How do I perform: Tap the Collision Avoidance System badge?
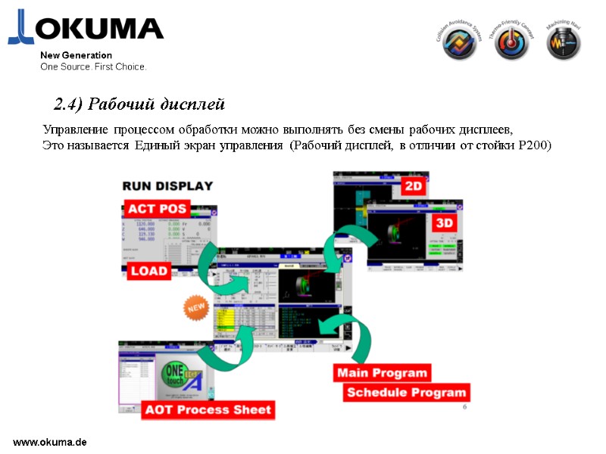pyautogui.click(x=459, y=42)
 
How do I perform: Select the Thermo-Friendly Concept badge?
pyautogui.click(x=512, y=42)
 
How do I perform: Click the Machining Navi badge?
pyautogui.click(x=564, y=42)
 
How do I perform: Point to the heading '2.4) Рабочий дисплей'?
pyautogui.click(x=139, y=103)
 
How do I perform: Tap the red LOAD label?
pyautogui.click(x=148, y=271)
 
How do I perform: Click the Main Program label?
pyautogui.click(x=383, y=373)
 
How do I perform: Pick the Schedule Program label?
pyautogui.click(x=406, y=393)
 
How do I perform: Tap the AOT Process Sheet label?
pyautogui.click(x=208, y=410)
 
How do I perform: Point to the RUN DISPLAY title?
pyautogui.click(x=167, y=185)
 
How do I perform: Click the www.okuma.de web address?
pyautogui.click(x=50, y=440)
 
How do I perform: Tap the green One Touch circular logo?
pyautogui.click(x=176, y=374)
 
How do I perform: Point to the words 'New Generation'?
pyautogui.click(x=76, y=55)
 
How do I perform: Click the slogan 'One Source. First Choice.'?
pyautogui.click(x=93, y=67)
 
